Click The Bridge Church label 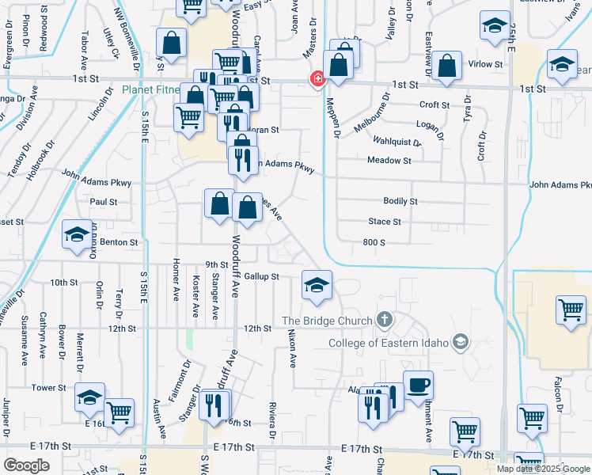tap(327, 321)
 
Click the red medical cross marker tap(317, 79)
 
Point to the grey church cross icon tap(385, 321)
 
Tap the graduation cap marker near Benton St tap(77, 235)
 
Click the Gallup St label tap(261, 276)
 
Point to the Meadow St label tap(389, 161)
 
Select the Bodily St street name tap(400, 202)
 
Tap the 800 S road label tap(374, 242)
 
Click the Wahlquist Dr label tap(397, 141)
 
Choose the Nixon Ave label tap(291, 348)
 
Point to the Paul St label tap(104, 202)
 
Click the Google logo tap(26, 465)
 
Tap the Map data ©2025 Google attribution tap(544, 469)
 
